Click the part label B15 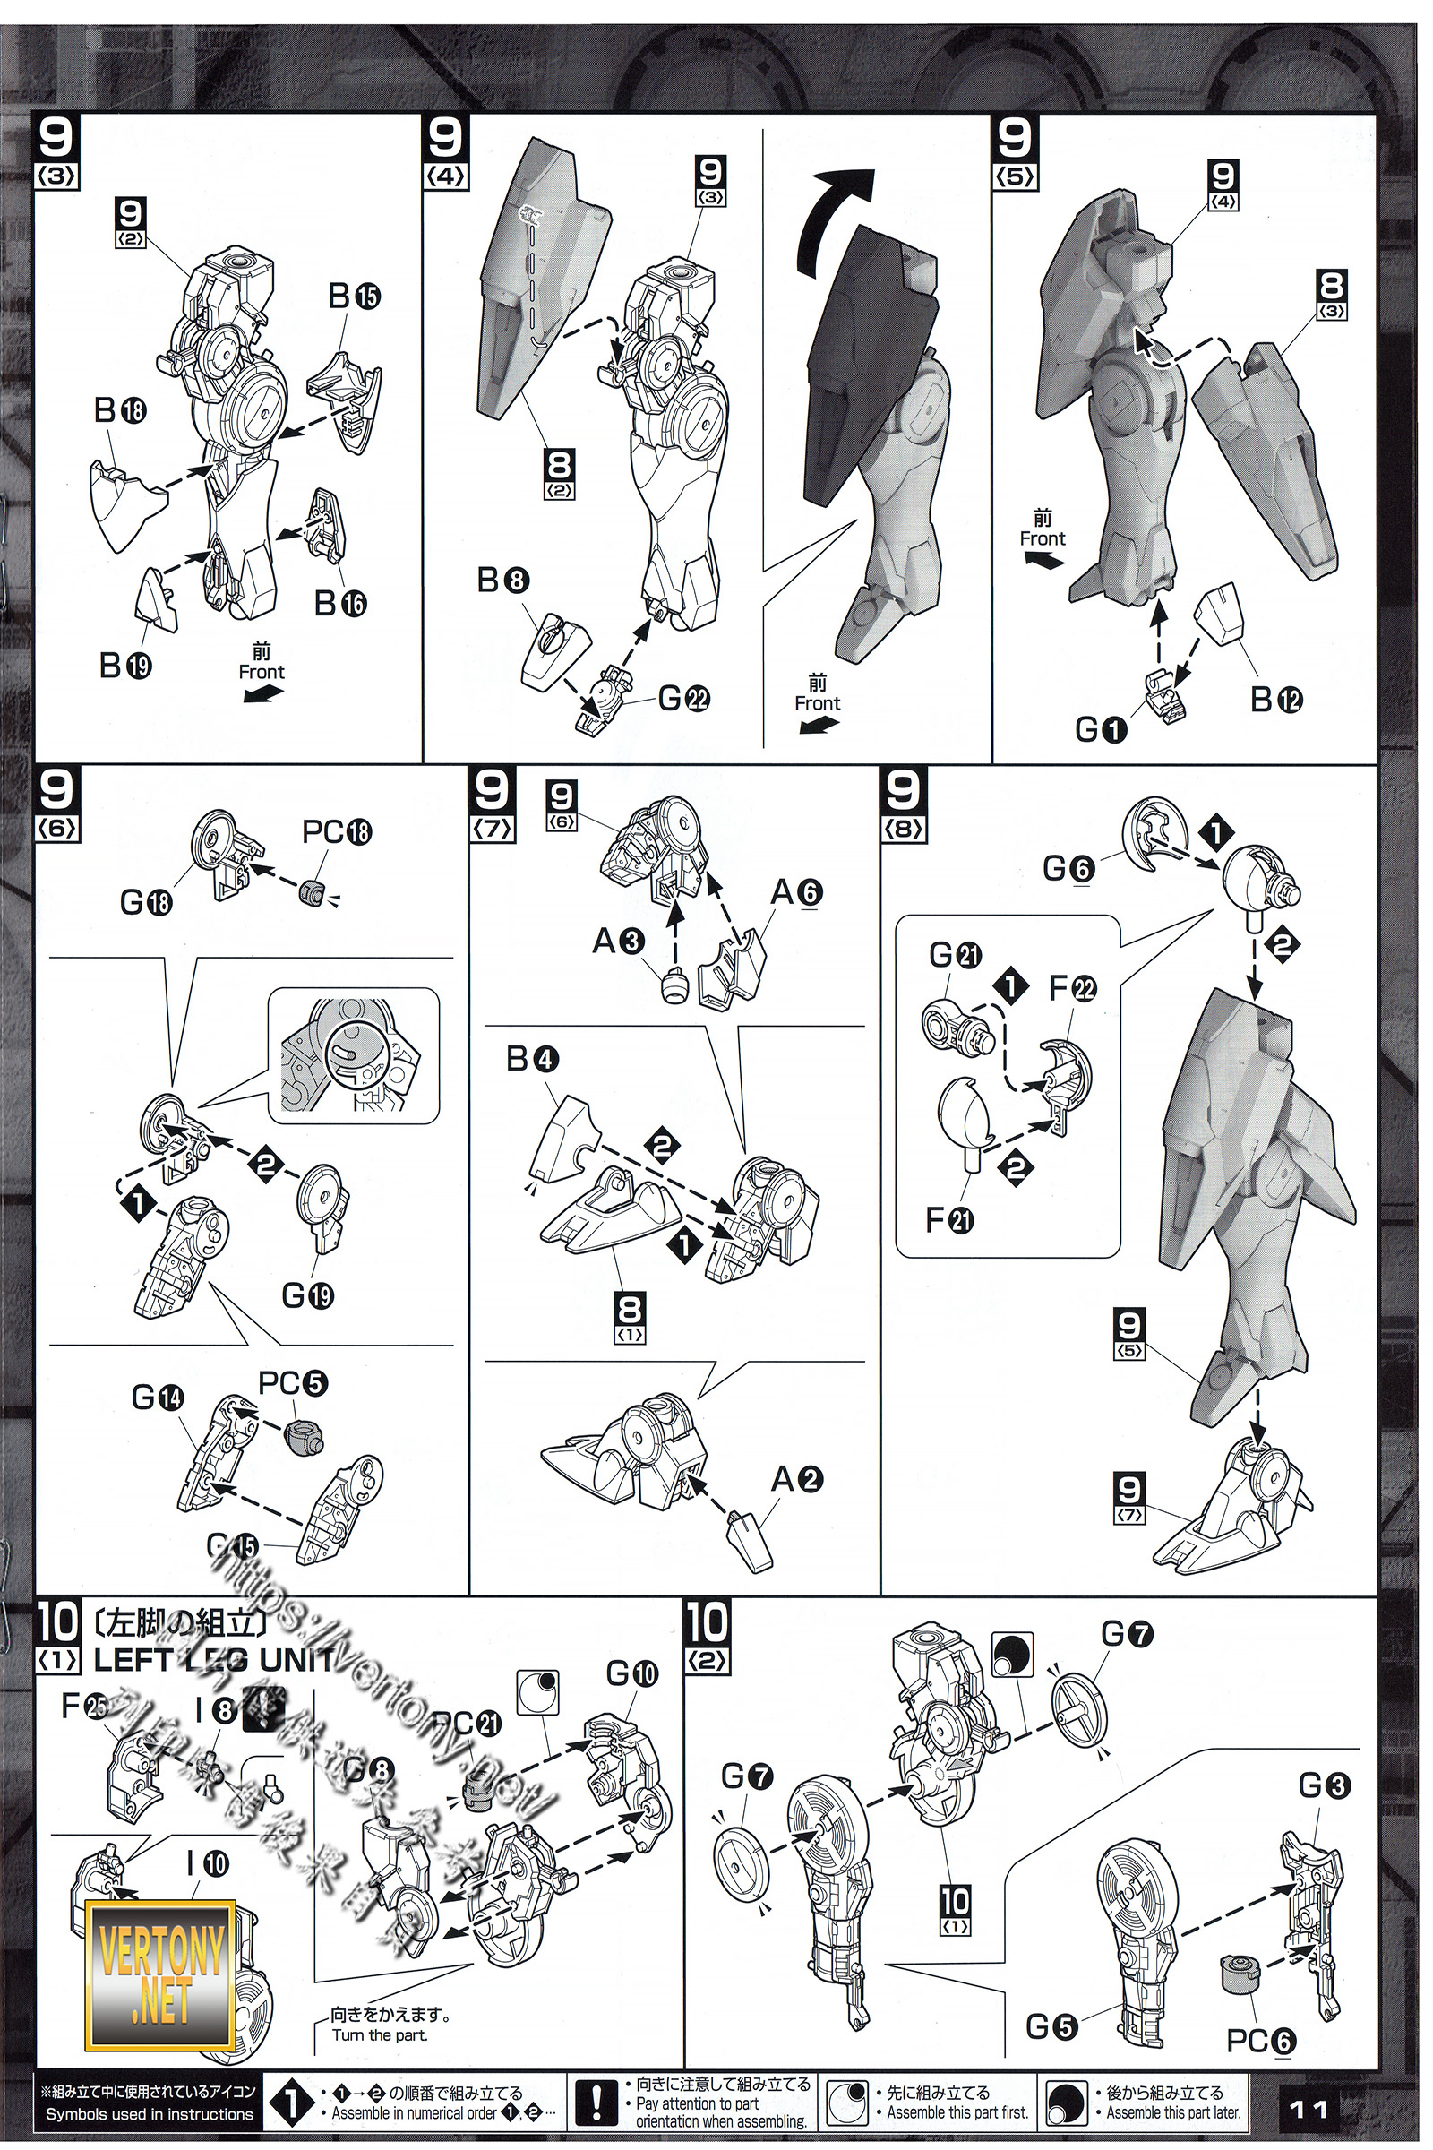tap(355, 297)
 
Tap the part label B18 tap(120, 411)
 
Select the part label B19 tap(125, 666)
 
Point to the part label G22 tap(682, 700)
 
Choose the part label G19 tap(308, 1295)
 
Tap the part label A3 tap(619, 941)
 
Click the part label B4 tap(532, 1060)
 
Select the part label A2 tap(797, 1479)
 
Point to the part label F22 tap(1072, 988)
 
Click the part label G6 tap(1068, 868)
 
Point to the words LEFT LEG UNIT tap(215, 1659)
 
